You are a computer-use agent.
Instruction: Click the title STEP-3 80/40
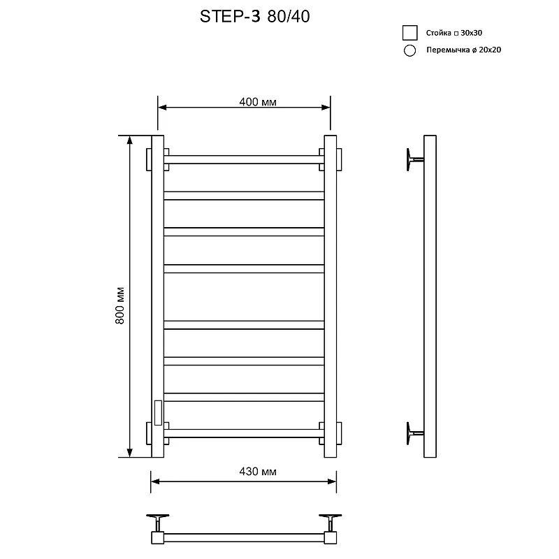pos(254,16)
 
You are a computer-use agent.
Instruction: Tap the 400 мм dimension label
pos(258,102)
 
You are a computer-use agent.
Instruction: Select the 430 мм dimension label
pos(258,472)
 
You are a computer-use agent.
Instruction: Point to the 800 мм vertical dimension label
pos(119,305)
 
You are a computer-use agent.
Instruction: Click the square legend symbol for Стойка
pos(409,33)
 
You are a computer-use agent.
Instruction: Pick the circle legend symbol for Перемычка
pos(409,50)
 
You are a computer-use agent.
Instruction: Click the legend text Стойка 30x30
pos(453,33)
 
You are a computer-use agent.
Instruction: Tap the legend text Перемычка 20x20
pos(463,50)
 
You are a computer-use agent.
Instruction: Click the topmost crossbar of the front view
pos(244,159)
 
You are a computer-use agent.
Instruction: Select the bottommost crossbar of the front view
pos(244,433)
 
